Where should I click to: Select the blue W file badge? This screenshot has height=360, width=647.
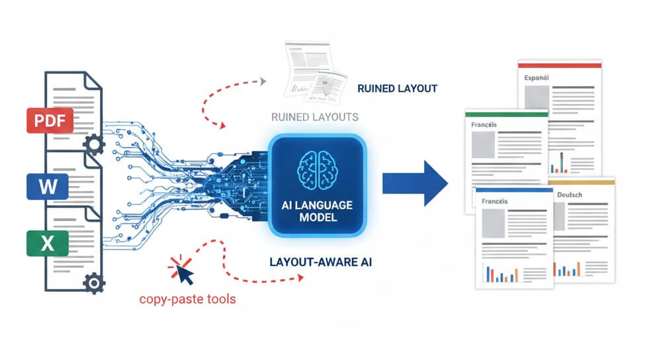point(48,186)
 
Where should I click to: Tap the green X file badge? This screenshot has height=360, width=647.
point(48,244)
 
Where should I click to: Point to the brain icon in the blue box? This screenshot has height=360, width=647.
point(316,168)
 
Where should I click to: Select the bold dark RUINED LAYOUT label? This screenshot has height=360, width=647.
point(397,88)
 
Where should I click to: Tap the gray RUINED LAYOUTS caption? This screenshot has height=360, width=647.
point(315,117)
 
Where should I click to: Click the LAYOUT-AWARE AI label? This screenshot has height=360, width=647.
point(321,262)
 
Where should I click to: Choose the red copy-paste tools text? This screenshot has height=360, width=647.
point(187,299)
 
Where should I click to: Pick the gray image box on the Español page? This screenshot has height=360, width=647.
point(536,98)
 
